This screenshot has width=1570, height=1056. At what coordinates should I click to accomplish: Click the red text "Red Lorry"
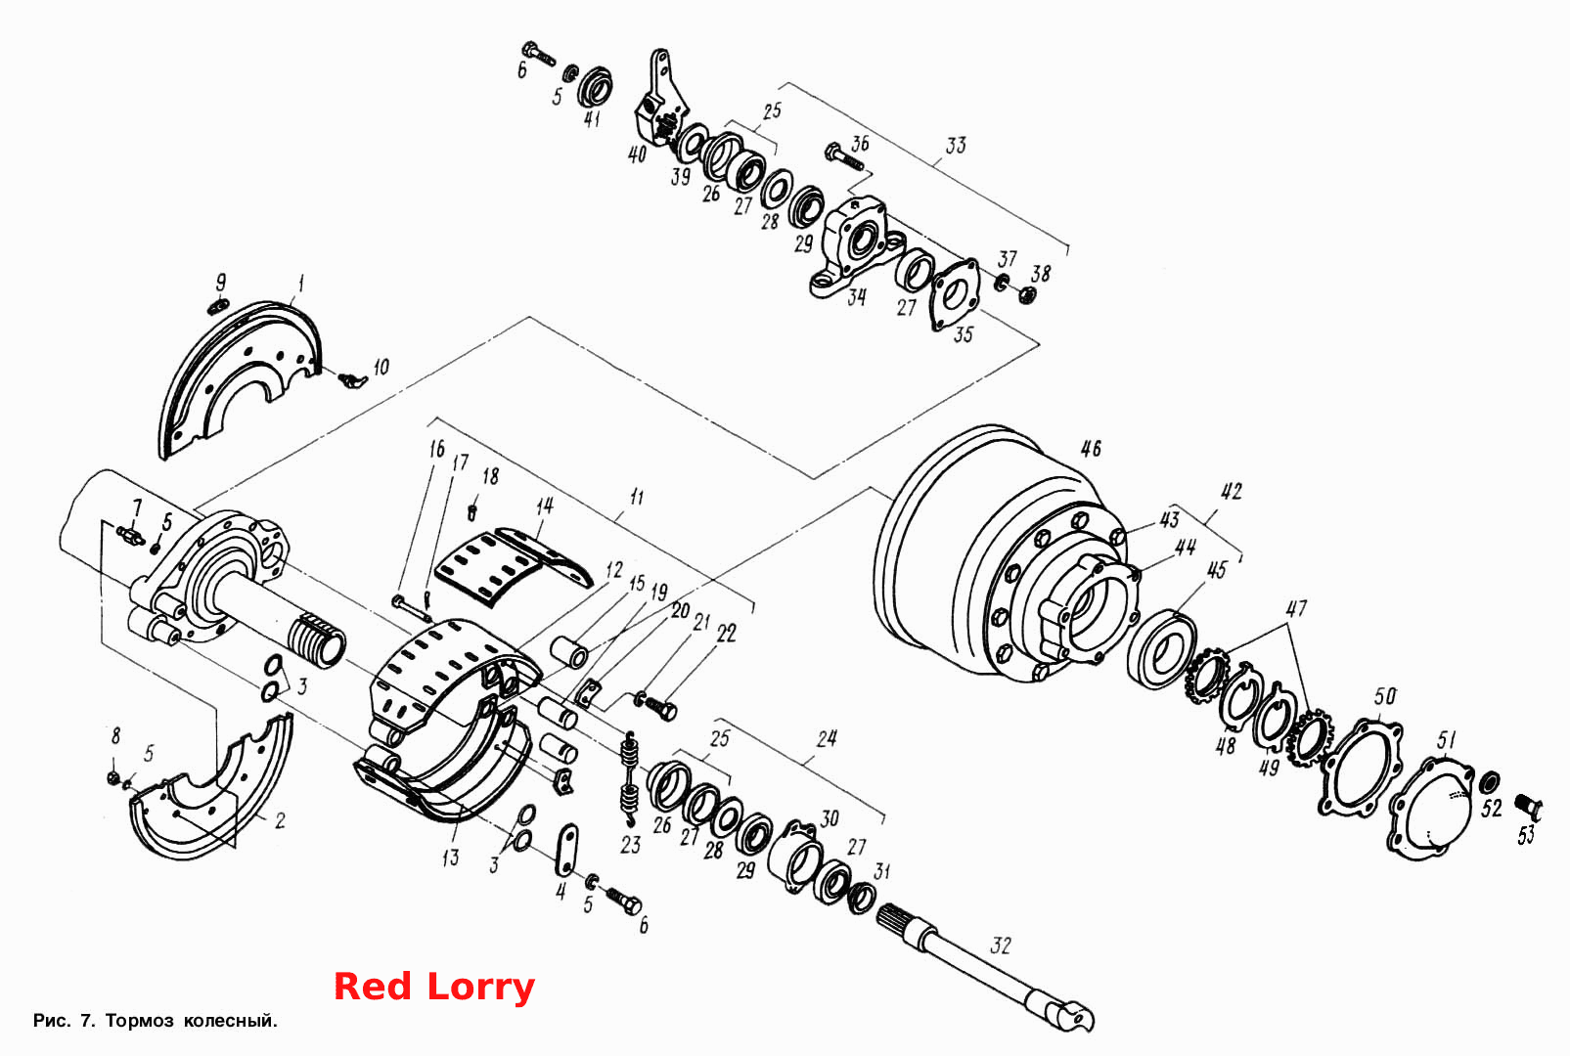coord(434,987)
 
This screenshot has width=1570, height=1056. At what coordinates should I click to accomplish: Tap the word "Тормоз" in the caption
coord(139,1020)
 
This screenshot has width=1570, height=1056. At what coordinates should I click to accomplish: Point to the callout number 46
coord(1091,449)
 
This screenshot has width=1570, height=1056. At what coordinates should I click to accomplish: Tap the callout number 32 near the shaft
coord(1000,946)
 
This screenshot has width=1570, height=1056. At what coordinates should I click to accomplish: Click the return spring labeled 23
coord(630,777)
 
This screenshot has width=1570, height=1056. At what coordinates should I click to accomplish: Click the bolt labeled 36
coord(845,158)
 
